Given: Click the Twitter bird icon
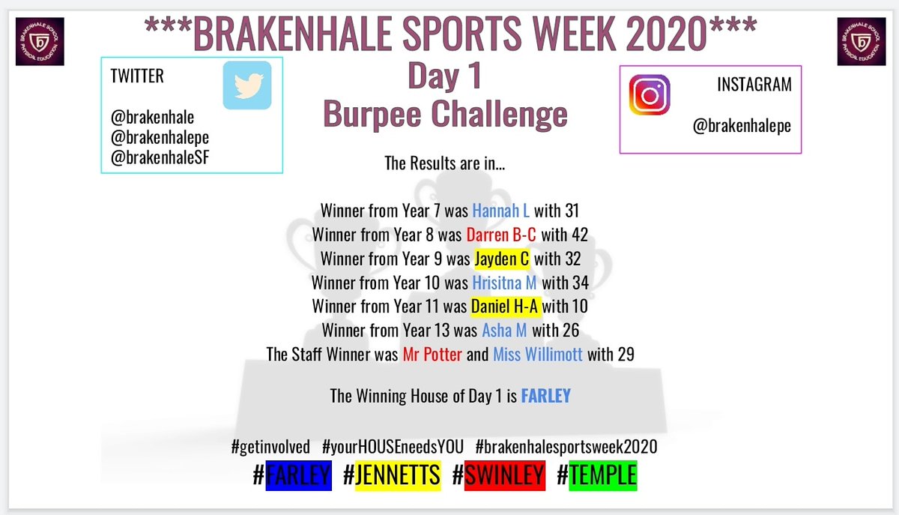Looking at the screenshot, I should tap(246, 85).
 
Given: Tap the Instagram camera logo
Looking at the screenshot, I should tap(649, 95).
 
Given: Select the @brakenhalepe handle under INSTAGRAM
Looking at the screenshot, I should tap(742, 126).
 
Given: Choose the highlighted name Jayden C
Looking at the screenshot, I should tap(502, 259).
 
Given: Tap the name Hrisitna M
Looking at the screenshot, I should tap(504, 283).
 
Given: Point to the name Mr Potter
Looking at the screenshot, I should tap(432, 354).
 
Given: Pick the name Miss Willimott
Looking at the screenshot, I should tap(537, 354).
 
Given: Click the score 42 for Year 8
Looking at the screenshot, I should tap(578, 235).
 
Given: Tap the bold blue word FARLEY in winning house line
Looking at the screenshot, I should tap(545, 396).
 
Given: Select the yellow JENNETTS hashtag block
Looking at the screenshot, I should tap(398, 475).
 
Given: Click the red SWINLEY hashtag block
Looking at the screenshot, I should tap(504, 475).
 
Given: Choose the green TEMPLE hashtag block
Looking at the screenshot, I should tap(602, 475).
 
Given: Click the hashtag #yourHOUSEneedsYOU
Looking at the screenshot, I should tap(392, 448).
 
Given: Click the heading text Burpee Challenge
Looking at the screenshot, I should tap(445, 115).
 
